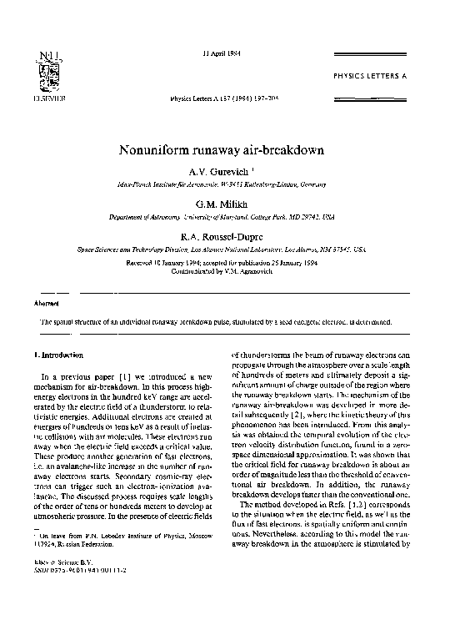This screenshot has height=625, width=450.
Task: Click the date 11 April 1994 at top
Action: pos(222,53)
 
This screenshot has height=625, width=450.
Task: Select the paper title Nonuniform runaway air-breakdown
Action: pos(224,153)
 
